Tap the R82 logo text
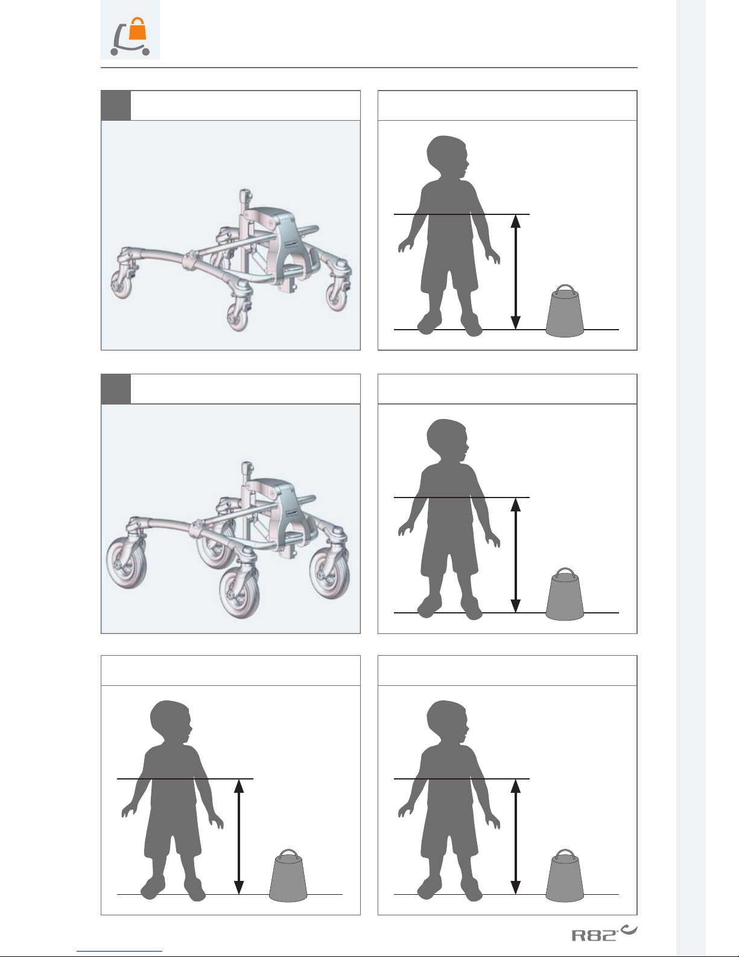594,935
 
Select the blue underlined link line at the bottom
119,952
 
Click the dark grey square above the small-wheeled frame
116,106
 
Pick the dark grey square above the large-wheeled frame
116,389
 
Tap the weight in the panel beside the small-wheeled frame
565,311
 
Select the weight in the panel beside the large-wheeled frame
565,594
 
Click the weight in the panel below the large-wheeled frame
288,876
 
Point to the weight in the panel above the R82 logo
565,876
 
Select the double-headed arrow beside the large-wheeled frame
516,555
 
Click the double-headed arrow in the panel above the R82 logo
516,837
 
